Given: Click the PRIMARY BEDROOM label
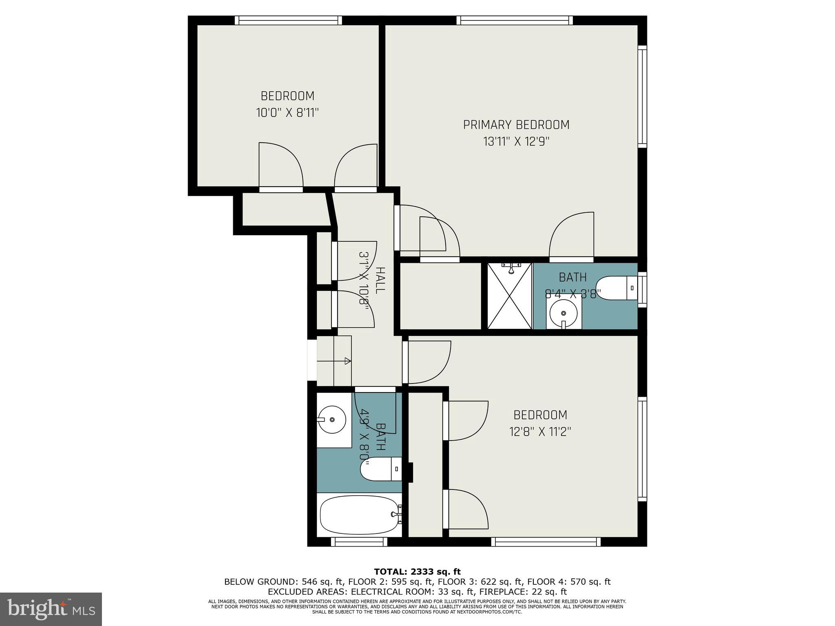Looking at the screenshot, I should coord(516,125).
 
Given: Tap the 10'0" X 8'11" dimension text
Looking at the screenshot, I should coord(287,112).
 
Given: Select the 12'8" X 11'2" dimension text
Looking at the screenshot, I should coord(540,432).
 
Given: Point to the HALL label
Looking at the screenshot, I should coord(380,280).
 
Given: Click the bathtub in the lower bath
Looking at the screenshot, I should coord(359,515).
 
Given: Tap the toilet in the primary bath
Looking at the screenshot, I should coord(616,288).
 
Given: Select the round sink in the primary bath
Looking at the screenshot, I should coord(563,313).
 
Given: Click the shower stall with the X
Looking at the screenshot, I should coord(510,296).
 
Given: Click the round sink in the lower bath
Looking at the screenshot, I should coord(332,419).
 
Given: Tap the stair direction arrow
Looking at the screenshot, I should coord(347,361).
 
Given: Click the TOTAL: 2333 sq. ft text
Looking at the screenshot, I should coord(417,571).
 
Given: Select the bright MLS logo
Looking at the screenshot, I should coord(51,609).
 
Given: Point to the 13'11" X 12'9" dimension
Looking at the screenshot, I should coord(516,142).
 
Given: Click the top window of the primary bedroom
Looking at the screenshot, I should coord(514,20).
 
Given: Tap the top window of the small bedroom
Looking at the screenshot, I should coord(288,20).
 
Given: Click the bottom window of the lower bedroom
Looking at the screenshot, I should coord(546,542).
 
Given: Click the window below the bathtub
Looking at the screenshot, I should coord(359,542).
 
